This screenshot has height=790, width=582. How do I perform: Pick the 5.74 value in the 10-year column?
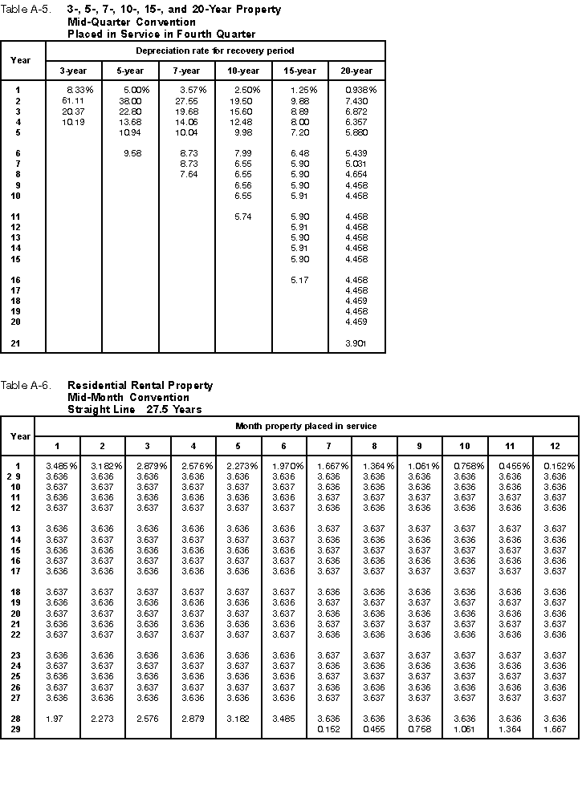[243, 217]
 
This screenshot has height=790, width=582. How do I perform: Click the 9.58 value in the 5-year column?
[132, 153]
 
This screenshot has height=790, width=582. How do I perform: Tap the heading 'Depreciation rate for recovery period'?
[215, 51]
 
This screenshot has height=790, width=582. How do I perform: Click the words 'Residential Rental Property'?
[140, 386]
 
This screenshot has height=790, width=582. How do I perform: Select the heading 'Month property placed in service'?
[306, 426]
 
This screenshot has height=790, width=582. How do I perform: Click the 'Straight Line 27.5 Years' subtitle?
[134, 409]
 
